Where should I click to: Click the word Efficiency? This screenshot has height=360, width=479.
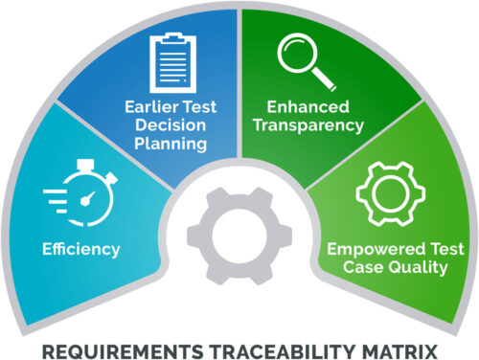80,249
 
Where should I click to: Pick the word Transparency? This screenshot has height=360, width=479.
316,124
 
